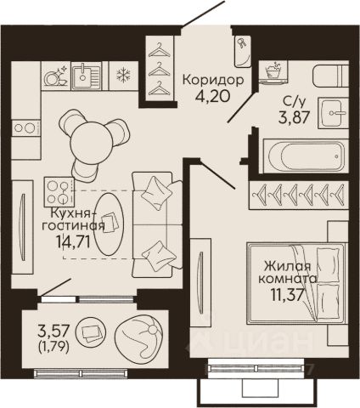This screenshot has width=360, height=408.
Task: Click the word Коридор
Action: click(213, 80)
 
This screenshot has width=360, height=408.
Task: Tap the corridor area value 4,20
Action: click(212, 96)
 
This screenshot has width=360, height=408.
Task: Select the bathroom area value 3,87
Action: click(293, 117)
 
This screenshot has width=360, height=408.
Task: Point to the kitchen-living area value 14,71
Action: click(73, 241)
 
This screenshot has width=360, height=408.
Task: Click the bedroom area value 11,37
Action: click(288, 295)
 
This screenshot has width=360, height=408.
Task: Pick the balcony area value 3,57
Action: click(53, 330)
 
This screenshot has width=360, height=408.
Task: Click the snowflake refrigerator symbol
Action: click(124, 76)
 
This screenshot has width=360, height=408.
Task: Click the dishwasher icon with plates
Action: click(56, 76)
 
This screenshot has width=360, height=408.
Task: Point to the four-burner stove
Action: click(59, 192)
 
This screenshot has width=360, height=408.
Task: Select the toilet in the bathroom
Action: click(331, 75)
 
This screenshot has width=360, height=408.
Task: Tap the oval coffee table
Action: click(109, 224)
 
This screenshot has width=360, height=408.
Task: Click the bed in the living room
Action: click(296, 283)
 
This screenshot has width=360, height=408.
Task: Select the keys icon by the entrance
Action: click(242, 43)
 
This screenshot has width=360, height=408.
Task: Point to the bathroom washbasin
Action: click(333, 113)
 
